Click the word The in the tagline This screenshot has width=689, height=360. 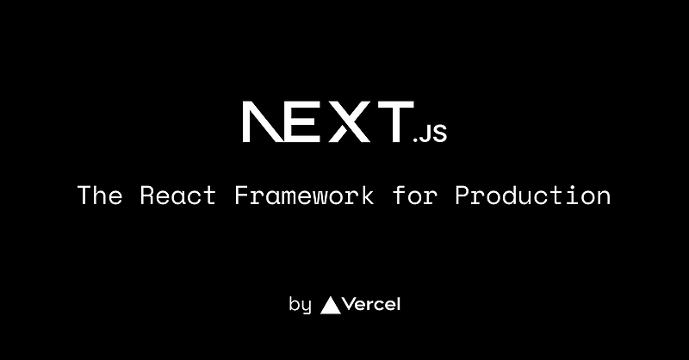[x=100, y=195]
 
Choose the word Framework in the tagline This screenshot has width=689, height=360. [x=304, y=195]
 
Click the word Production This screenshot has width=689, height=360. [x=533, y=196]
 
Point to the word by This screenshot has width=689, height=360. [x=300, y=305]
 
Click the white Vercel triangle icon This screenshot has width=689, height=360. [x=330, y=304]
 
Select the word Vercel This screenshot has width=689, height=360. [x=373, y=304]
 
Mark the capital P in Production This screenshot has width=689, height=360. [x=462, y=195]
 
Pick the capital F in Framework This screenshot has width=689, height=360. [x=242, y=195]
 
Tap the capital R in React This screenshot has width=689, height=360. [x=148, y=195]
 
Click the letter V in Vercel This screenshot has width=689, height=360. [x=350, y=304]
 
